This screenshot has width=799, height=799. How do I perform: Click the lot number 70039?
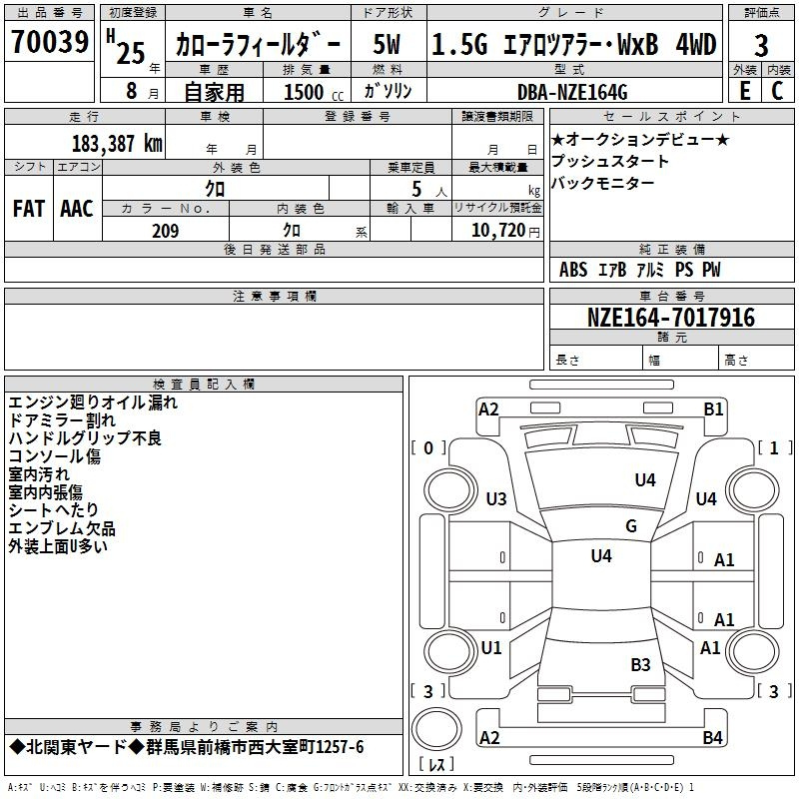49,43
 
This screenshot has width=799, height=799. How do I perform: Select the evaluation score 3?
761,45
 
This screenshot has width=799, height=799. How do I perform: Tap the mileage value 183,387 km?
117,143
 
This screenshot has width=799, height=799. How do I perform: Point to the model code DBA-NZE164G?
572,92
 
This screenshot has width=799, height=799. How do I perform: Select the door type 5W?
388,45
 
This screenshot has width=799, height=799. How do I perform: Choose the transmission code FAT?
28,209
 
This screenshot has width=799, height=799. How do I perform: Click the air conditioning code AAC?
77,209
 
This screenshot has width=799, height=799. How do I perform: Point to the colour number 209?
166,231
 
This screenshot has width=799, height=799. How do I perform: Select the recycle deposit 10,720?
492,231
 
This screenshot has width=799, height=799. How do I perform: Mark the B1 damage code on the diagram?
713,408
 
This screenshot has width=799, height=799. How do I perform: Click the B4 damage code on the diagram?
713,738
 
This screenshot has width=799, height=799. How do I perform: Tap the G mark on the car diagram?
631,526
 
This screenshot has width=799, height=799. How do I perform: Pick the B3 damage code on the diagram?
640,664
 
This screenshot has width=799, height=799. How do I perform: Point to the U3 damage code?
495,498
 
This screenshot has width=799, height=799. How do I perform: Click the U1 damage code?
491,648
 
